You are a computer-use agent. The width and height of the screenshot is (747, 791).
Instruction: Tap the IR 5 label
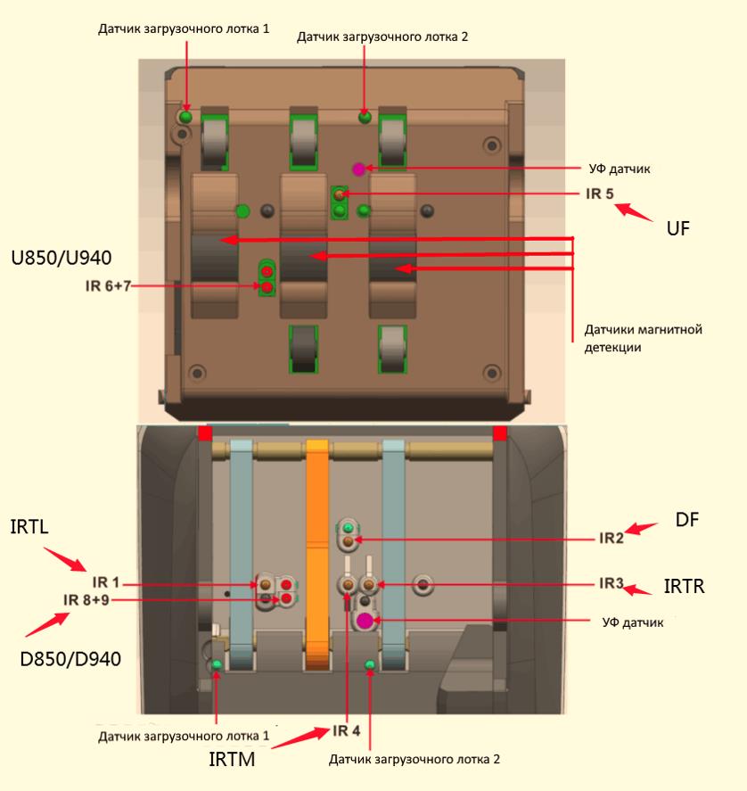[x=599, y=194]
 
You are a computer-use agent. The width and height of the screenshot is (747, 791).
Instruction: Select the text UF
[x=679, y=229]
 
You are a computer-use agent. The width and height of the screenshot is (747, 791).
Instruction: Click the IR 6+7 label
[x=108, y=286]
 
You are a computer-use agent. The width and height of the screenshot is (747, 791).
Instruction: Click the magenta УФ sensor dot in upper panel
[x=358, y=168]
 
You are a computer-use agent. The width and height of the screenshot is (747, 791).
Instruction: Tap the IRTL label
[x=31, y=530]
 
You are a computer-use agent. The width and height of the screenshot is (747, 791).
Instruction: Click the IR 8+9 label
[x=87, y=599]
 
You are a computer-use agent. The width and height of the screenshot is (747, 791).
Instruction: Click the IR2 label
[x=611, y=538]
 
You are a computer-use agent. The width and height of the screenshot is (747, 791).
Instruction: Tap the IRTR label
[x=685, y=587]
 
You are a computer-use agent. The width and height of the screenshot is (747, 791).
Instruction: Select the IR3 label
[x=611, y=583]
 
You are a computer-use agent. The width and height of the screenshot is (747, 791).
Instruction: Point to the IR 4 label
[x=347, y=731]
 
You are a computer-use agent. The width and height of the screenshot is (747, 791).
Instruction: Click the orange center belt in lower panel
[x=318, y=553]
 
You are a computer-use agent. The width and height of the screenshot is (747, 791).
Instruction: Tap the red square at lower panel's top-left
[x=205, y=433]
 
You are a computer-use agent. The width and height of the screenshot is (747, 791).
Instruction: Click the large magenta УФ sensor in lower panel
[x=364, y=620]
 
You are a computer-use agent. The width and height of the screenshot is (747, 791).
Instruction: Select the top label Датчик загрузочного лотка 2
[x=382, y=37]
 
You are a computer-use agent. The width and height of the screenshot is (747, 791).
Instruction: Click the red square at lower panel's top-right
[x=500, y=433]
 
